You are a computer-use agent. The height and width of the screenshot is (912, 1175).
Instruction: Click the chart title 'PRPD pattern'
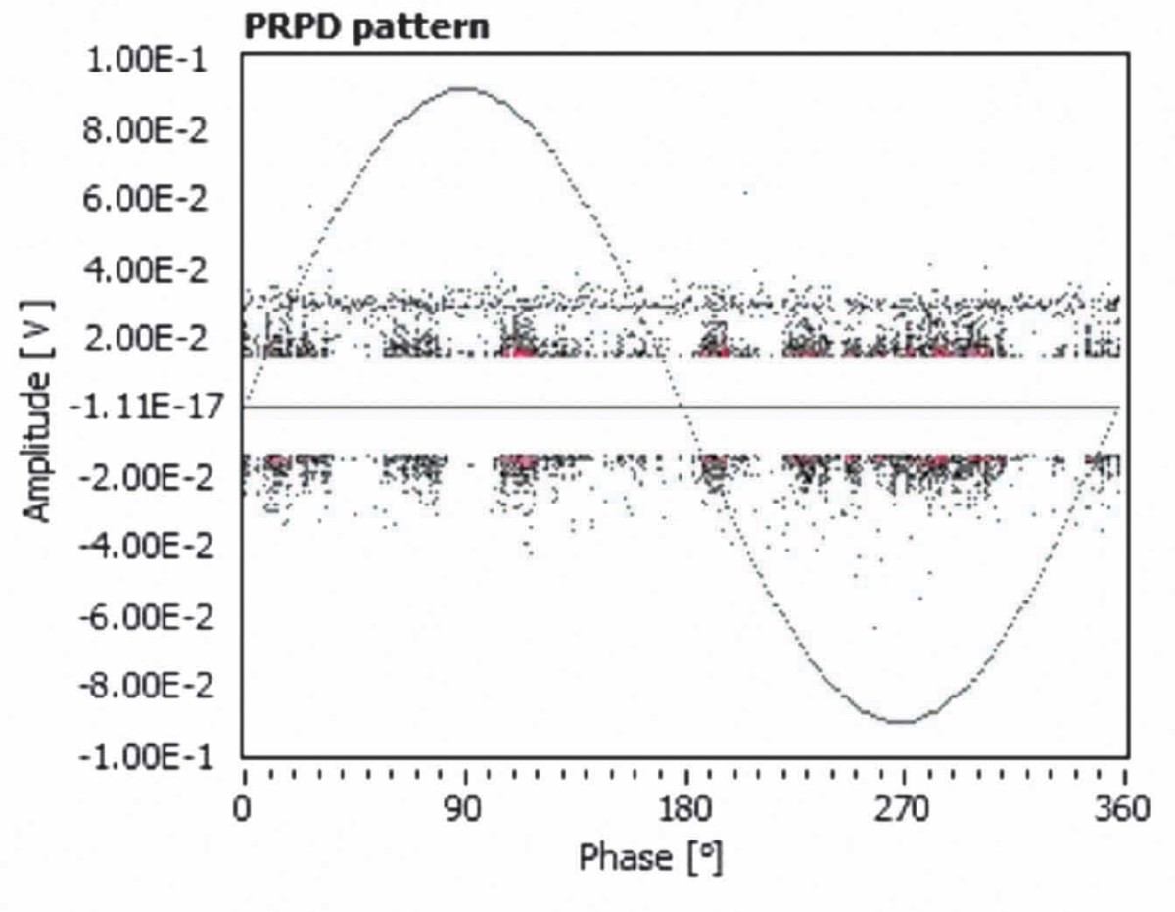366,27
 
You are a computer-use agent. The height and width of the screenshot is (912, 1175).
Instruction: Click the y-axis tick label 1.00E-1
147,60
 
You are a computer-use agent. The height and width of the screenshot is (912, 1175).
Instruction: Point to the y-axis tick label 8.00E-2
145,130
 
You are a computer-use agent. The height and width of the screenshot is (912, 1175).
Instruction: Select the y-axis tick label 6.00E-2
145,199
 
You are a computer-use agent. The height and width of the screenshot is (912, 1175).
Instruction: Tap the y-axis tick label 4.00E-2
145,269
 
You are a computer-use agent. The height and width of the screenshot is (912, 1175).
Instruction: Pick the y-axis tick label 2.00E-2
145,339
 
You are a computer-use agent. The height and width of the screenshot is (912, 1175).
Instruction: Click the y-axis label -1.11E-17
147,406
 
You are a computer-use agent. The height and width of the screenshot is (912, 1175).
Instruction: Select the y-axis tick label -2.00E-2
147,478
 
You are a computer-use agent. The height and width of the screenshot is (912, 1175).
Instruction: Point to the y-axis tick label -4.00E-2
147,547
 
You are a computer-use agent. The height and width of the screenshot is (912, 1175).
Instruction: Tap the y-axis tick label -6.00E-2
147,617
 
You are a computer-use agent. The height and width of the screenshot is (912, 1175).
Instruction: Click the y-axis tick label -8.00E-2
147,687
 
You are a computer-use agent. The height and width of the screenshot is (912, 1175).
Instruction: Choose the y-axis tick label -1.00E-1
147,757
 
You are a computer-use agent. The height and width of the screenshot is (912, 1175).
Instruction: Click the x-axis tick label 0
242,809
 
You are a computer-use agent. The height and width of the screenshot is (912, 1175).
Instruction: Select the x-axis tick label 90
464,809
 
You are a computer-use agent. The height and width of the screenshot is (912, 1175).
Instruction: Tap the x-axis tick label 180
685,809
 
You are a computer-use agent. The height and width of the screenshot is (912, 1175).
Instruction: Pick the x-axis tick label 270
901,809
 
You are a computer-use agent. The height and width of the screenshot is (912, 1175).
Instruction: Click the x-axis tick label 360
1122,809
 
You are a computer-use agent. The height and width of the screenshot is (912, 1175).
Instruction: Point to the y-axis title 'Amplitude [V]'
38,410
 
